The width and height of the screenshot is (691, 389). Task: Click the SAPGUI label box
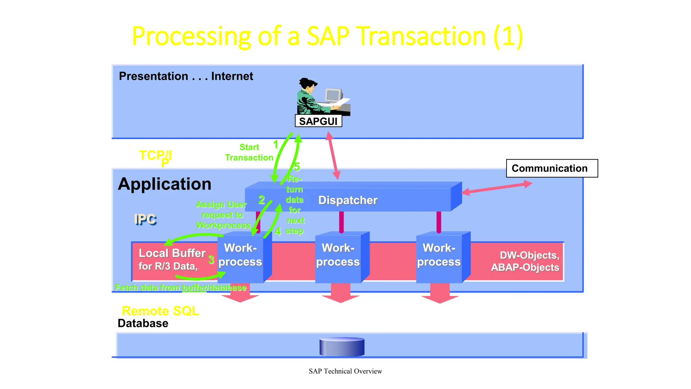(x=318, y=121)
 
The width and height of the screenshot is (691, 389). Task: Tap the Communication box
(x=552, y=168)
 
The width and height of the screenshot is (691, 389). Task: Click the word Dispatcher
(x=348, y=200)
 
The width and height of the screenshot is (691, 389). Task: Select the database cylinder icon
(x=342, y=346)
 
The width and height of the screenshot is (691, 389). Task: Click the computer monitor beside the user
(x=333, y=95)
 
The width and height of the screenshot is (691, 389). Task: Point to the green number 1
(x=276, y=145)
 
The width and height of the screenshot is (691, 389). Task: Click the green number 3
(x=211, y=260)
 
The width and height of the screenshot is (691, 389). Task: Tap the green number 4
(x=278, y=231)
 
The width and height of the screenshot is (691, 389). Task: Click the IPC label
(x=145, y=219)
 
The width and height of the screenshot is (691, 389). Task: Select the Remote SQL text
(x=160, y=311)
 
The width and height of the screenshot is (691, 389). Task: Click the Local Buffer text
(x=172, y=253)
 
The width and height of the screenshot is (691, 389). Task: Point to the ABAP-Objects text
(x=525, y=267)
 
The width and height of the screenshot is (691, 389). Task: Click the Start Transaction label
(x=249, y=152)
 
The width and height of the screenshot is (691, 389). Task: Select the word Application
(x=165, y=184)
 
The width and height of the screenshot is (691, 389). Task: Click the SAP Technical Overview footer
(x=345, y=371)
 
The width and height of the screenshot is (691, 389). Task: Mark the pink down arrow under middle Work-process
(x=340, y=293)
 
